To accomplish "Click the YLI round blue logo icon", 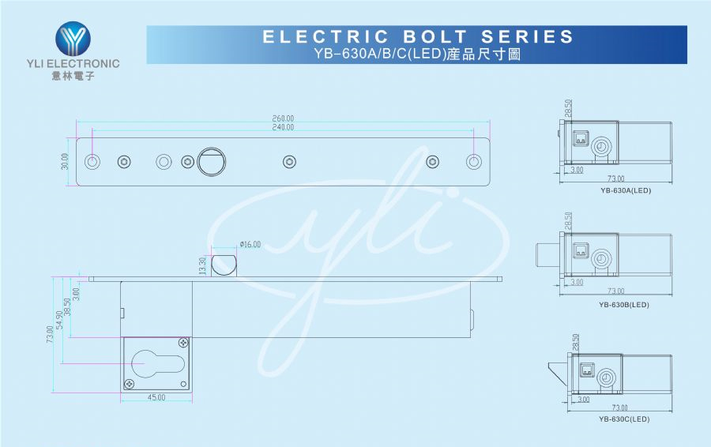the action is (x=73, y=39).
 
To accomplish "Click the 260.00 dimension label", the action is (x=283, y=118).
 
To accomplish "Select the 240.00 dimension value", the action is (x=283, y=127).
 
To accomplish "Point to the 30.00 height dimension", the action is (x=65, y=161).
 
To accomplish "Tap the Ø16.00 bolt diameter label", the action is (x=250, y=244).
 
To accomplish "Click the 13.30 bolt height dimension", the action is (x=203, y=266).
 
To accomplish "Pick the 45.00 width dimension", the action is (x=156, y=397).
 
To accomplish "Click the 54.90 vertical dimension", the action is (x=59, y=320).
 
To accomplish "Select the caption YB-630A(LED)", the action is (x=626, y=190).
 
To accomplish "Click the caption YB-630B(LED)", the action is (x=624, y=305).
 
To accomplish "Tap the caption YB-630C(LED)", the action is (x=624, y=419).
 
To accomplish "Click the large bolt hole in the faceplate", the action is (x=211, y=162).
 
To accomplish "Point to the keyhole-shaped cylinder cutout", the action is (x=157, y=363).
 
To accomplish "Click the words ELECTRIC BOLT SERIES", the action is (x=418, y=36).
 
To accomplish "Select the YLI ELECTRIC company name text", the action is (x=73, y=63).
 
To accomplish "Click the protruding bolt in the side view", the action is (x=224, y=265).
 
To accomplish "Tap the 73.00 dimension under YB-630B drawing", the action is (x=615, y=291).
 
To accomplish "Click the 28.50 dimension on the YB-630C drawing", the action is (x=575, y=342).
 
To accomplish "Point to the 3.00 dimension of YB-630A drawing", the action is (x=577, y=170).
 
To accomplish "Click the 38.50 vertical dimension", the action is (x=67, y=307).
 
